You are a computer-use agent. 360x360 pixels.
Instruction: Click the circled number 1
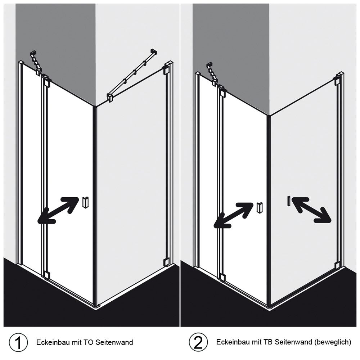coord(18,342)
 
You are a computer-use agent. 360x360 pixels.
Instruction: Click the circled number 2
coord(198,342)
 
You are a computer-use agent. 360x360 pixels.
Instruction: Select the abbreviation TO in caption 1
coord(89,342)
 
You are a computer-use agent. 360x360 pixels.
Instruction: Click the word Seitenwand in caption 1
coord(114,342)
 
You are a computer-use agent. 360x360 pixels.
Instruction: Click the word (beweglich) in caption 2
coord(333,342)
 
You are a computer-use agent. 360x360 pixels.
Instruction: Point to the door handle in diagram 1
coord(85,202)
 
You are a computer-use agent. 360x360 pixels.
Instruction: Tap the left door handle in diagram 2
coord(260,208)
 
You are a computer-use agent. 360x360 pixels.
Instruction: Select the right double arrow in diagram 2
coord(311,210)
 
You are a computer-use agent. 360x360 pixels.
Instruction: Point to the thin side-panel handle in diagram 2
coord(288,201)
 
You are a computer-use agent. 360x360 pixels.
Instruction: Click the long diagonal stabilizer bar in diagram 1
coord(132,75)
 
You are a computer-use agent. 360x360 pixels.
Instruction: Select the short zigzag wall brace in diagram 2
coord(212,74)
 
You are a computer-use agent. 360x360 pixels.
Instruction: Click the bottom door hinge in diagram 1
coord(46,275)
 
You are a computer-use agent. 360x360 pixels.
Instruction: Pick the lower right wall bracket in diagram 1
coord(166,262)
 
